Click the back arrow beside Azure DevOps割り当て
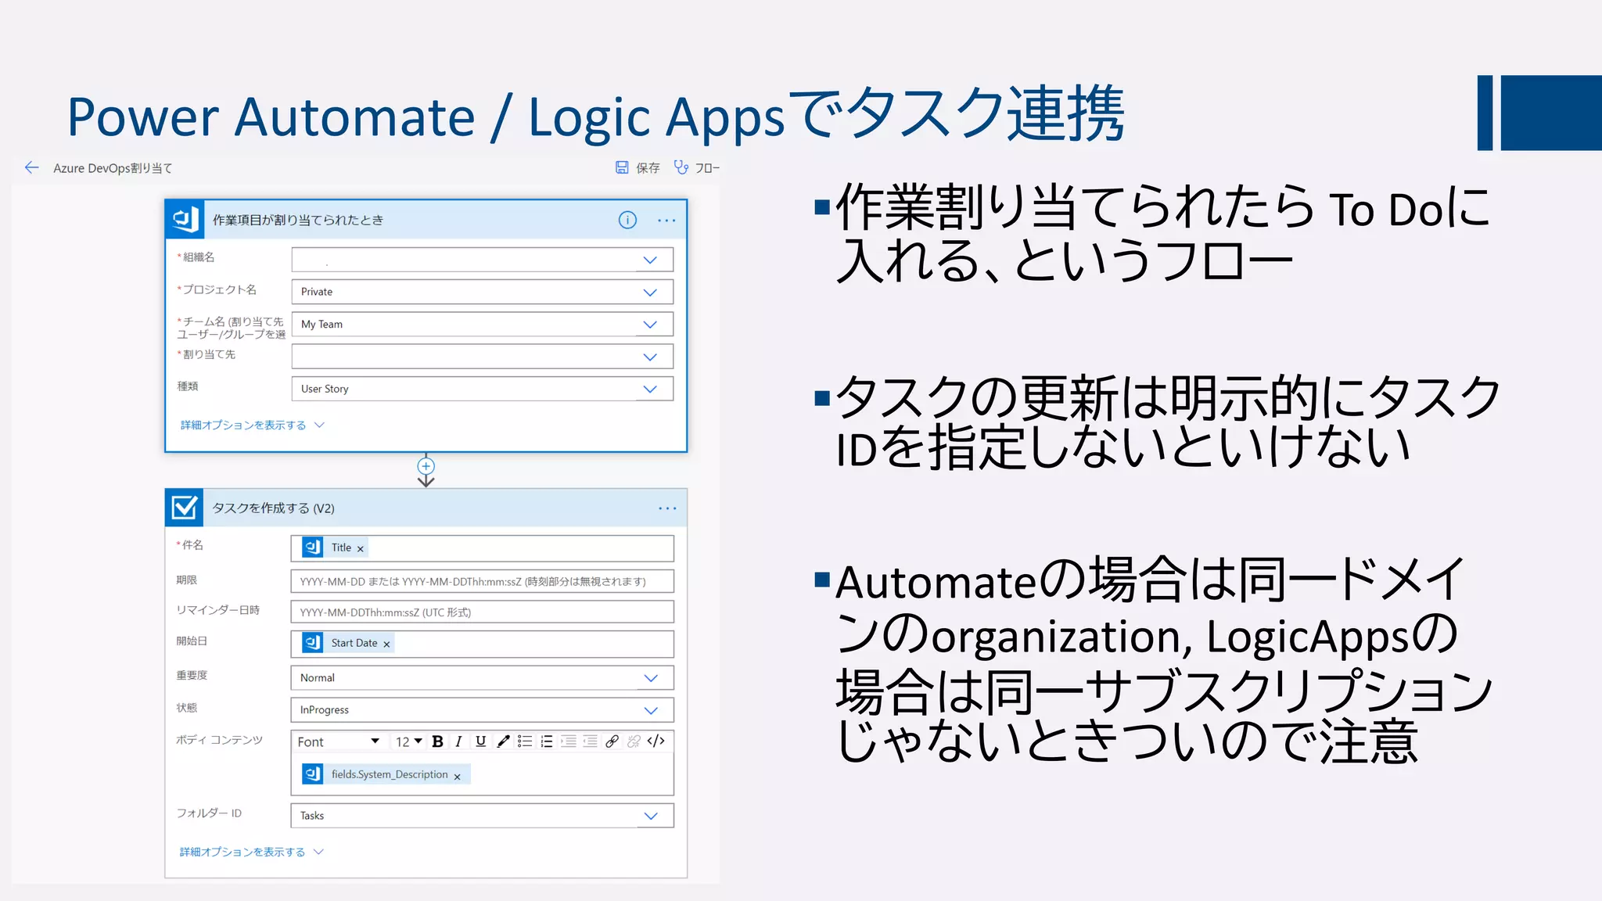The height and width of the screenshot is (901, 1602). coord(31,167)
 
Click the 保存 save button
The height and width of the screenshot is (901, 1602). coord(638,167)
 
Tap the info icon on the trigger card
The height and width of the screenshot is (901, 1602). coord(627,220)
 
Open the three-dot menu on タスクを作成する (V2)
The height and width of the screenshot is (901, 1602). coord(667,508)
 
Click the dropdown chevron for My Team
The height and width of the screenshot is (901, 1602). coord(650,325)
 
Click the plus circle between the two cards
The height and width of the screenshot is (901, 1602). coord(426,466)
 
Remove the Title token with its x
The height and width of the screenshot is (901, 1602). coord(361,549)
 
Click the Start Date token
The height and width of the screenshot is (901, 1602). coord(354,643)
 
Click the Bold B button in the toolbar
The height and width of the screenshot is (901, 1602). coord(437,741)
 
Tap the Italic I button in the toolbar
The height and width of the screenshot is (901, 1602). coord(458,741)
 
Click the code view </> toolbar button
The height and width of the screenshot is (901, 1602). coord(656,741)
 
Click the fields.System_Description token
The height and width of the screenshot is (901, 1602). coord(389,774)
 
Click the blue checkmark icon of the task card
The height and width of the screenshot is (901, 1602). coord(185,508)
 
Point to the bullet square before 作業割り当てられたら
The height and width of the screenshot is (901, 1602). coord(821,207)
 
